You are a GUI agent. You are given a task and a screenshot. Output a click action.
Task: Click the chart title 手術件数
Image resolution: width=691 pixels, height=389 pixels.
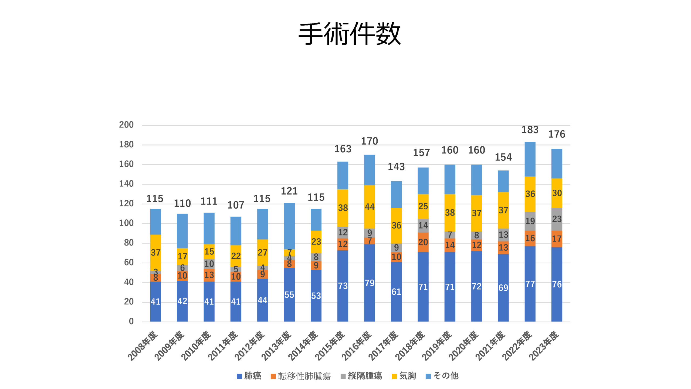coord(349,33)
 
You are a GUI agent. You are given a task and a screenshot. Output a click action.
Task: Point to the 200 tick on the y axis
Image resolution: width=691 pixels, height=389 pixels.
coord(126,125)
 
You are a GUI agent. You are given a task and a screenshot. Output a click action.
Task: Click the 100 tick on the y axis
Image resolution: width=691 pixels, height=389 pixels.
coord(126,223)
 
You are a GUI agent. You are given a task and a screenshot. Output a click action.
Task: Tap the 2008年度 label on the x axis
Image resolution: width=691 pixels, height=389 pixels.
coord(143,346)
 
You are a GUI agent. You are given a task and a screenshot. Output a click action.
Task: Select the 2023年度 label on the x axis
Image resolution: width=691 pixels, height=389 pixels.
coord(544,346)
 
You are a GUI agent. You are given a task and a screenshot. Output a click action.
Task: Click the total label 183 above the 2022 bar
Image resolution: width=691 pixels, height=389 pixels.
coord(530,130)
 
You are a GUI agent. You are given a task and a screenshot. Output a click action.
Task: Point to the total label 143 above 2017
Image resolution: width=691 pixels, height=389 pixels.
coord(396,167)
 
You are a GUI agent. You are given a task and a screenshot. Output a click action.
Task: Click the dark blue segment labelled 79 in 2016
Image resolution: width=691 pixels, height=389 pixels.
coord(370,283)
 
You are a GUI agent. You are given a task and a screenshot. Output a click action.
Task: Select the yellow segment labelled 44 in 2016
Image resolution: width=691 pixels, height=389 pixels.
coord(370,207)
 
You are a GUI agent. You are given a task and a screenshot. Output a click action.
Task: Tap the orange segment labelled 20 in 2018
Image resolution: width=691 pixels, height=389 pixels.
coord(423,242)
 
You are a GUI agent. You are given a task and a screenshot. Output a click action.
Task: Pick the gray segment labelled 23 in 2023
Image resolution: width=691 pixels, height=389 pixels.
coord(557,219)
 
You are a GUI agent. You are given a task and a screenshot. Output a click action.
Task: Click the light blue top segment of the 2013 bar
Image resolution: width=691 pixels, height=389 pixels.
coord(289,226)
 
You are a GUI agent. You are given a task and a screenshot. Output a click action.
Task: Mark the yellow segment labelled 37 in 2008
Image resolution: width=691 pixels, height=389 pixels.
coord(155,253)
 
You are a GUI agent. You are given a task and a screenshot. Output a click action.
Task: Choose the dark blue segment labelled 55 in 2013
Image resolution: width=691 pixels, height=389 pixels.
coord(289,295)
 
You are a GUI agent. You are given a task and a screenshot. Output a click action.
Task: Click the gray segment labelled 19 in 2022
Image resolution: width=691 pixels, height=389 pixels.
coord(530,221)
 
